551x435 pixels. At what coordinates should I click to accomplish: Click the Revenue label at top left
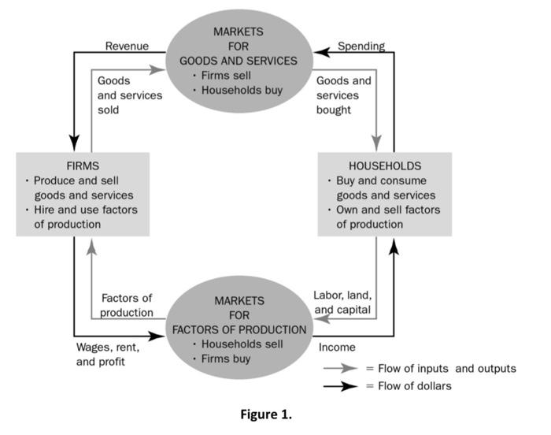[127, 46]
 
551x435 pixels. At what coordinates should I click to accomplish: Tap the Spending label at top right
[361, 46]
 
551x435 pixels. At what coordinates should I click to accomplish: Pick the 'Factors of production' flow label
[127, 305]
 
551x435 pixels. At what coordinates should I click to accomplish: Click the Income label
[337, 347]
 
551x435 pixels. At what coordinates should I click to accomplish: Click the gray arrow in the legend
[340, 368]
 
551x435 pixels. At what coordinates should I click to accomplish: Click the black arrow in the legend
[340, 386]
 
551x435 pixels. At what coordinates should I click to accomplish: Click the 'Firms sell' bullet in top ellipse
[235, 75]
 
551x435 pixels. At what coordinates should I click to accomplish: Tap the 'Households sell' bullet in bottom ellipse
[240, 344]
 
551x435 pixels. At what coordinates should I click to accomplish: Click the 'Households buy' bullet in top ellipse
[241, 90]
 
